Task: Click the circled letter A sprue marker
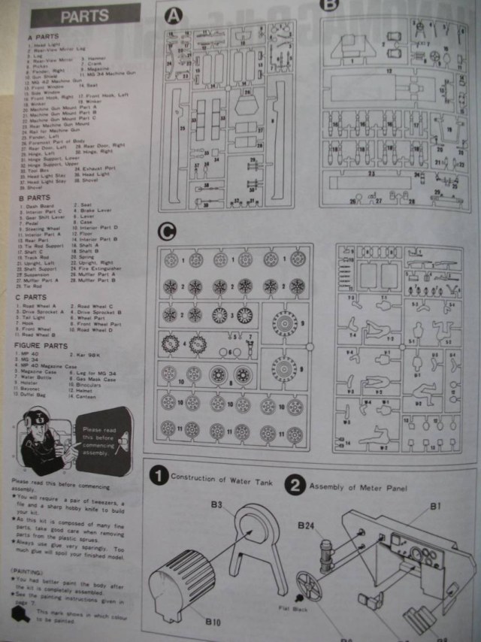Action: pyautogui.click(x=173, y=15)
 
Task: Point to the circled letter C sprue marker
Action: pyautogui.click(x=166, y=230)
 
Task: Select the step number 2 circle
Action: pyautogui.click(x=295, y=485)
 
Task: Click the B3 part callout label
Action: pyautogui.click(x=216, y=504)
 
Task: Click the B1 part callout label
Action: pyautogui.click(x=435, y=507)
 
